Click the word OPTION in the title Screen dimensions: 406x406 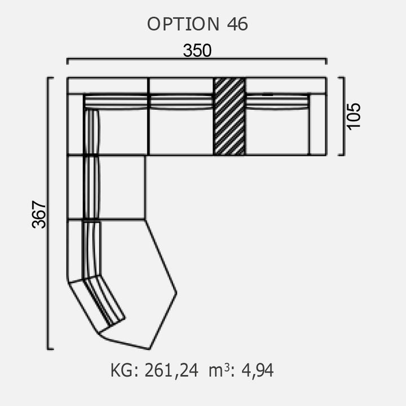click(183, 24)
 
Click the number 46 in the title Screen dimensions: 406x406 click(237, 24)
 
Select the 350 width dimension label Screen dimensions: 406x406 click(197, 51)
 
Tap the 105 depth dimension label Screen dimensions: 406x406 click(354, 116)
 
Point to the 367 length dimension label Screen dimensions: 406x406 click(39, 214)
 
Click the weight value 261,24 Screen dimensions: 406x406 click(171, 370)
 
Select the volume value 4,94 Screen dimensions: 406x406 click(257, 370)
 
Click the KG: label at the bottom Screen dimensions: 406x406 click(124, 370)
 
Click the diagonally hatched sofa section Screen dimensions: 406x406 click(230, 117)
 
